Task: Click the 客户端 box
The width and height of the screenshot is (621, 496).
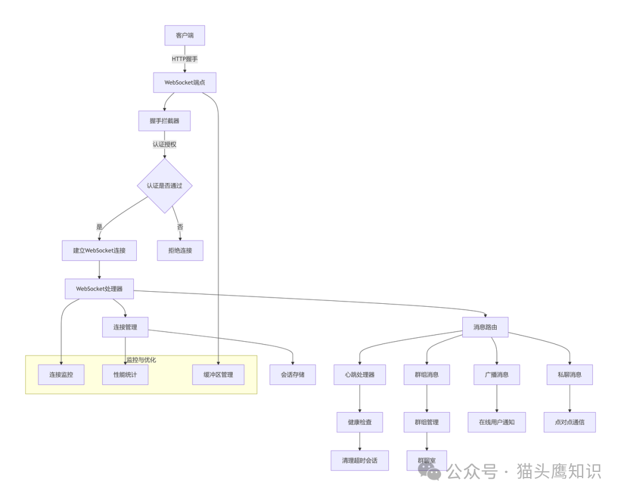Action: pos(185,36)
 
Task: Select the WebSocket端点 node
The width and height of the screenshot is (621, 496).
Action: pos(185,82)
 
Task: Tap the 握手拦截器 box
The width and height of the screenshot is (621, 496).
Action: pos(164,121)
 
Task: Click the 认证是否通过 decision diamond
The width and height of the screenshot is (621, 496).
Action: pos(164,186)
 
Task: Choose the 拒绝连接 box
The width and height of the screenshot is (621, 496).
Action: pos(180,250)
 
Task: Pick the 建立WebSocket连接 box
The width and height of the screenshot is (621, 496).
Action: pos(99,250)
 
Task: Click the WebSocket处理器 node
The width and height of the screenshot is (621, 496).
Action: pos(99,289)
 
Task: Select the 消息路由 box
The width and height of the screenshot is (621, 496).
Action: pos(485,327)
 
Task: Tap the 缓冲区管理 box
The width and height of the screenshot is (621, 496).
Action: pos(218,375)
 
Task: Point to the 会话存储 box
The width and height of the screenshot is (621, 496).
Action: pos(293,375)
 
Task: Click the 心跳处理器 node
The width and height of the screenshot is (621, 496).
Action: pos(360,375)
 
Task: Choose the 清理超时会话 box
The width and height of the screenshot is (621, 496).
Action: pos(360,460)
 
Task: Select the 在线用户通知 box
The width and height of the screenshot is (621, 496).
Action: pos(497,422)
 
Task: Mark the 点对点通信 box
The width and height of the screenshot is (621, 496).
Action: pos(570,422)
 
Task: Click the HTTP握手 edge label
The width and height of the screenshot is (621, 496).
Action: pos(185,59)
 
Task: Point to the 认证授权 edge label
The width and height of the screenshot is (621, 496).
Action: pos(164,144)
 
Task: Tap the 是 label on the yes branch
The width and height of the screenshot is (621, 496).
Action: pos(99,227)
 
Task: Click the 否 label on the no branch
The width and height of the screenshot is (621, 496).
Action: pos(180,227)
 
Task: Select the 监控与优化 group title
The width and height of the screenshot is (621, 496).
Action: pos(141,360)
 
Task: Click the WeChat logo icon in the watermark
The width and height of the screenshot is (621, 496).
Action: pos(430,472)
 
